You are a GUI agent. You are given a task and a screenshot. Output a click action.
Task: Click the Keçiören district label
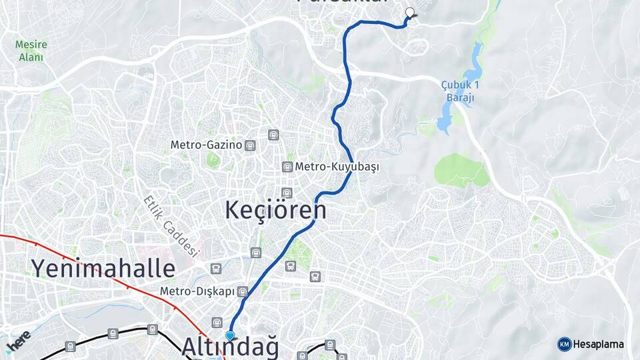[x=276, y=210]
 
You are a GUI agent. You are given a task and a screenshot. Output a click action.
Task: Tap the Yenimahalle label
[x=103, y=269]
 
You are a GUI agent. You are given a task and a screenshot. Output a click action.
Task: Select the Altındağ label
[x=229, y=347]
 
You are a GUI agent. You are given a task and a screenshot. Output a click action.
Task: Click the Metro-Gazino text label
[x=206, y=145]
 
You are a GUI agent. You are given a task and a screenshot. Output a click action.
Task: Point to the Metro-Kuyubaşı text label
[x=337, y=167]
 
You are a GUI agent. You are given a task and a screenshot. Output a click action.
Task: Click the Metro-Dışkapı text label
[x=198, y=292]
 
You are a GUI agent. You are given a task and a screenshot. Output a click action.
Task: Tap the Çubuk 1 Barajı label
[x=460, y=91]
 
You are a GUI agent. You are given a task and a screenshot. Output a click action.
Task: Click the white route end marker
[x=410, y=11]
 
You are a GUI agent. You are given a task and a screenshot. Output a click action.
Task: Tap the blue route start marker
[x=230, y=335]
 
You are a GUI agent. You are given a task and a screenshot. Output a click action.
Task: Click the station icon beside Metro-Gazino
[x=249, y=145]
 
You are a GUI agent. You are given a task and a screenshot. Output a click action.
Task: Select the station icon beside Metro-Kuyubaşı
[x=287, y=167]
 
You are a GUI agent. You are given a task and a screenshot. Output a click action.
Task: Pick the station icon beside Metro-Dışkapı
[x=243, y=292]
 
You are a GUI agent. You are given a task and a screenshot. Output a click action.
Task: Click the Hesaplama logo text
[x=599, y=344]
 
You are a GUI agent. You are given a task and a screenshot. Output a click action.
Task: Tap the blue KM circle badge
[x=565, y=344]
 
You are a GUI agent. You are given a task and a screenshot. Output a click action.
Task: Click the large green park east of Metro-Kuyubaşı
[x=461, y=171]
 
